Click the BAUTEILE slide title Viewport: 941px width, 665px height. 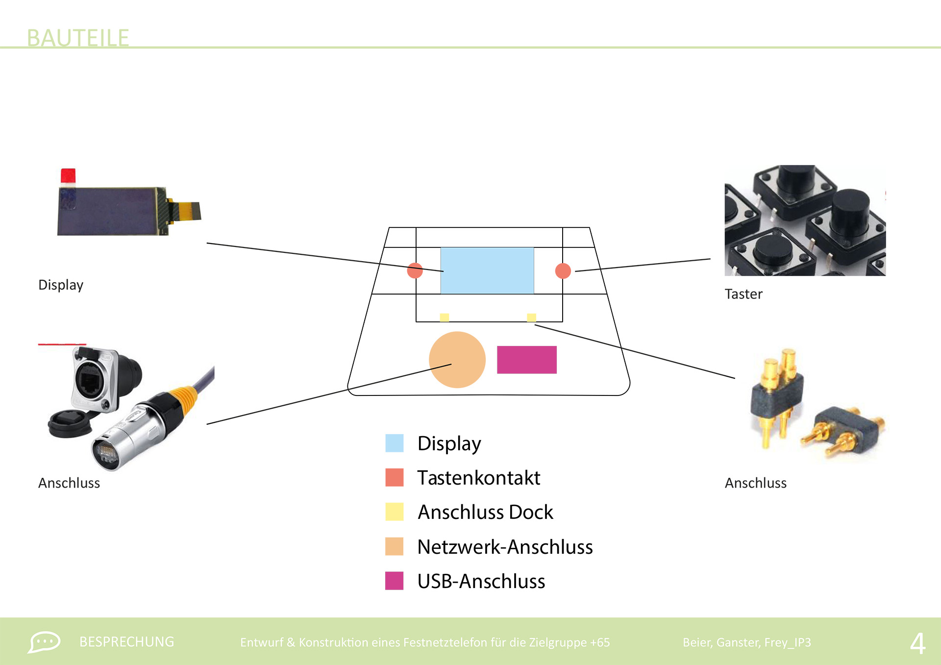coord(77,38)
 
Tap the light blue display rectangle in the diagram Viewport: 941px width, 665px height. coord(487,271)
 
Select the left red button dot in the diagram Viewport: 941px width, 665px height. coord(415,271)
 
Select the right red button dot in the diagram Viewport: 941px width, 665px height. coord(563,271)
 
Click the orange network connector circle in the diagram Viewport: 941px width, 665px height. coord(457,360)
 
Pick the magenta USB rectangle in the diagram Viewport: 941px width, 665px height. coord(526,360)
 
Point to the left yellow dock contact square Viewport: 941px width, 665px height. coord(444,318)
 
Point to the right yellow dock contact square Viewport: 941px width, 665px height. coord(531,318)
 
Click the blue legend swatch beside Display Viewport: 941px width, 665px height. coord(394,443)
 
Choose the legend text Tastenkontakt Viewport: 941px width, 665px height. coord(478,478)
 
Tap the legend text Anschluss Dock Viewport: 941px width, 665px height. coord(485,512)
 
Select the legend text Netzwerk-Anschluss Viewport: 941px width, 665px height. coord(505,547)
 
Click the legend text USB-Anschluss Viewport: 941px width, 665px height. coord(481,581)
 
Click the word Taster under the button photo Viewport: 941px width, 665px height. coord(743,294)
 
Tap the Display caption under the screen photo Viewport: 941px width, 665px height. coord(61,285)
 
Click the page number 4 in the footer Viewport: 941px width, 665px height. coord(917,643)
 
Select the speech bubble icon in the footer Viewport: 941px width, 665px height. coord(44,642)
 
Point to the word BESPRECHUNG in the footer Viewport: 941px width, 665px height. coord(126,642)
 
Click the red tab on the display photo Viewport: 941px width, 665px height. coord(68,176)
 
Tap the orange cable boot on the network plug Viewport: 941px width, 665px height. coord(183,397)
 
